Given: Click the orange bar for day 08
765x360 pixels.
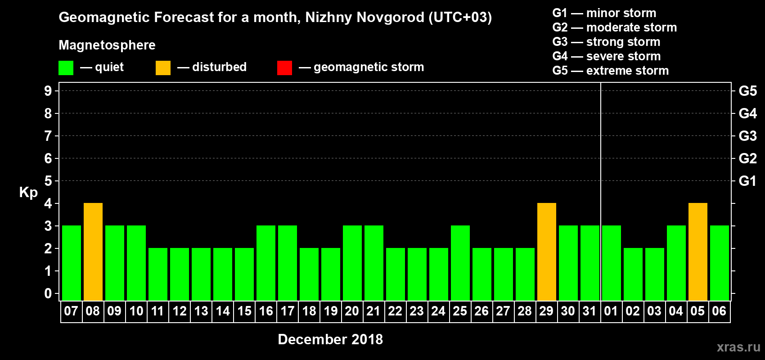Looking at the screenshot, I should pyautogui.click(x=93, y=252).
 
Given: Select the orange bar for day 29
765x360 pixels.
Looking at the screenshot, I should pyautogui.click(x=547, y=252).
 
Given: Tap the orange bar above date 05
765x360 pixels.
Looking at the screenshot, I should pyautogui.click(x=698, y=252).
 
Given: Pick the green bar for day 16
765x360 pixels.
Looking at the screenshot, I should pyautogui.click(x=266, y=263).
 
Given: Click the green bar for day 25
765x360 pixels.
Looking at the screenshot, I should pyautogui.click(x=460, y=263).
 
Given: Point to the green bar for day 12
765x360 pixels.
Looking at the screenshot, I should pyautogui.click(x=180, y=274).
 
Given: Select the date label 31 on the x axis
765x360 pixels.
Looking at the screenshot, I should pyautogui.click(x=589, y=311).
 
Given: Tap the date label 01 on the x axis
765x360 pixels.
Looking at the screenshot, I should pyautogui.click(x=611, y=311).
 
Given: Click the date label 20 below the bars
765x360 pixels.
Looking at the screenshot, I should pyautogui.click(x=352, y=311).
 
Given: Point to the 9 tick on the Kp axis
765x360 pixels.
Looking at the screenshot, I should pyautogui.click(x=48, y=91).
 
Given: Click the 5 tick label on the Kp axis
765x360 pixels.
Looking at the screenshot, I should pyautogui.click(x=48, y=181).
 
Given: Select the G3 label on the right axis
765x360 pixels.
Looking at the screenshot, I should pyautogui.click(x=747, y=136).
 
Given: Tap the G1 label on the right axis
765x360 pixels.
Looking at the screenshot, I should pyautogui.click(x=747, y=181).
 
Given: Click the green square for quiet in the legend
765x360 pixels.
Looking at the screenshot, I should pyautogui.click(x=66, y=68).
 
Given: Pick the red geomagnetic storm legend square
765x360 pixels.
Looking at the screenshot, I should pyautogui.click(x=284, y=68).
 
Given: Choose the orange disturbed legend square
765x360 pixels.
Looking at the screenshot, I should pyautogui.click(x=163, y=68).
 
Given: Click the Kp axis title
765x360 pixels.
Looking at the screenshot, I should pyautogui.click(x=28, y=193).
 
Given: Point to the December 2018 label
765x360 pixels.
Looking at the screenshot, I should pyautogui.click(x=330, y=339).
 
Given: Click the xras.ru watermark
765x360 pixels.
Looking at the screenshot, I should pyautogui.click(x=738, y=347).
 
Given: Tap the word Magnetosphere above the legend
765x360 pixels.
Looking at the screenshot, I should pyautogui.click(x=107, y=45).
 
